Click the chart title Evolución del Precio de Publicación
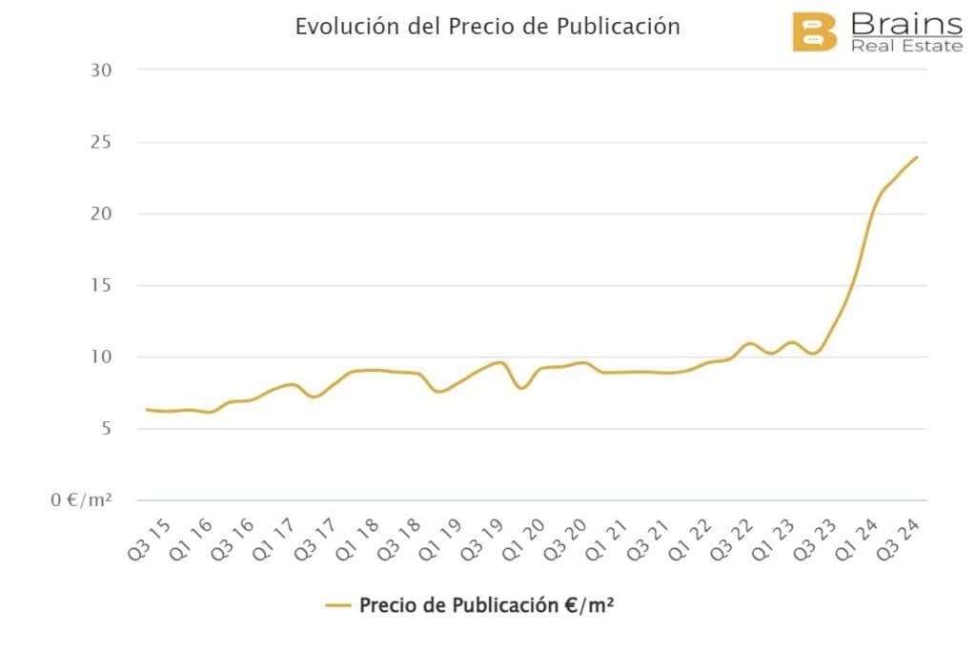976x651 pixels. [x=487, y=27]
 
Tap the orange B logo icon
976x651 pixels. [x=814, y=32]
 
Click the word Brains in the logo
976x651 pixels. [x=905, y=23]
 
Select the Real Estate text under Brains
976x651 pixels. [x=906, y=45]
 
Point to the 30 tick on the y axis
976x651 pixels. [x=100, y=71]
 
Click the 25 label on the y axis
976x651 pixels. [x=100, y=142]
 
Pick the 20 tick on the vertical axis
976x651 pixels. [x=100, y=214]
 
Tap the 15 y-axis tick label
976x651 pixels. [x=100, y=285]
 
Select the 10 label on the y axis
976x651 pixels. [x=100, y=357]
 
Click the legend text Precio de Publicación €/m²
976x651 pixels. [x=486, y=605]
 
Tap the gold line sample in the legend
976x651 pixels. [x=338, y=605]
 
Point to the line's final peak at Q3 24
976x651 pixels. [x=917, y=157]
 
